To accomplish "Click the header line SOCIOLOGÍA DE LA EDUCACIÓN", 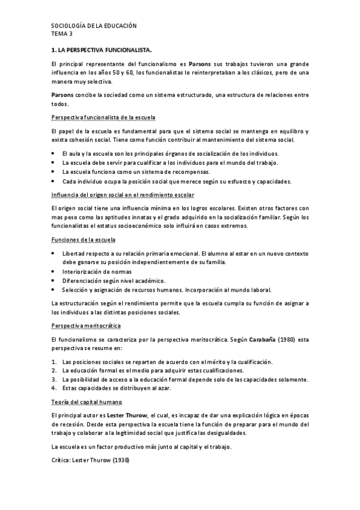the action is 94,26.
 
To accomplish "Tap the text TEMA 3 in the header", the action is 63,34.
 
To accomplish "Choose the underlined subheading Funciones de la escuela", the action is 85,240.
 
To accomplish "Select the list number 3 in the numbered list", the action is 54,379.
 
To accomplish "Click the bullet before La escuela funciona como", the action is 54,171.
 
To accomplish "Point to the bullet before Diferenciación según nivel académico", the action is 54,281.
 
